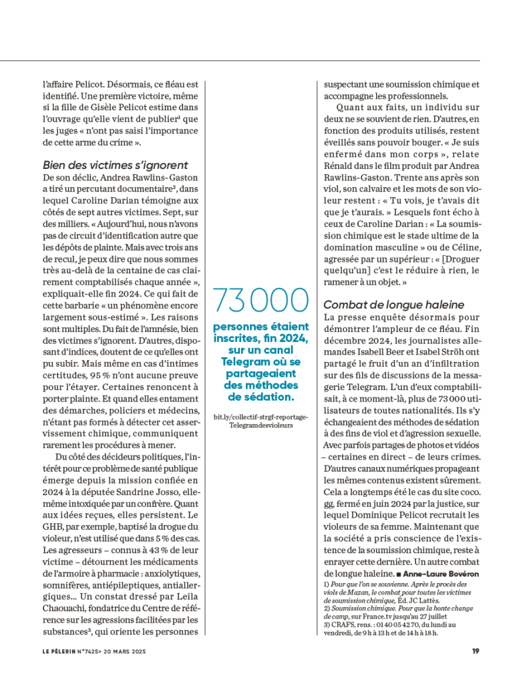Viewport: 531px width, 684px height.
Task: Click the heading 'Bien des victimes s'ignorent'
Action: point(115,165)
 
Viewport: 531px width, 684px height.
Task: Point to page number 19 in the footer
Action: point(476,652)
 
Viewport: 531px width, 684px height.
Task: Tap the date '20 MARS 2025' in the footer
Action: point(126,652)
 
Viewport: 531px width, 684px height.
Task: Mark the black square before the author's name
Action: point(398,574)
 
